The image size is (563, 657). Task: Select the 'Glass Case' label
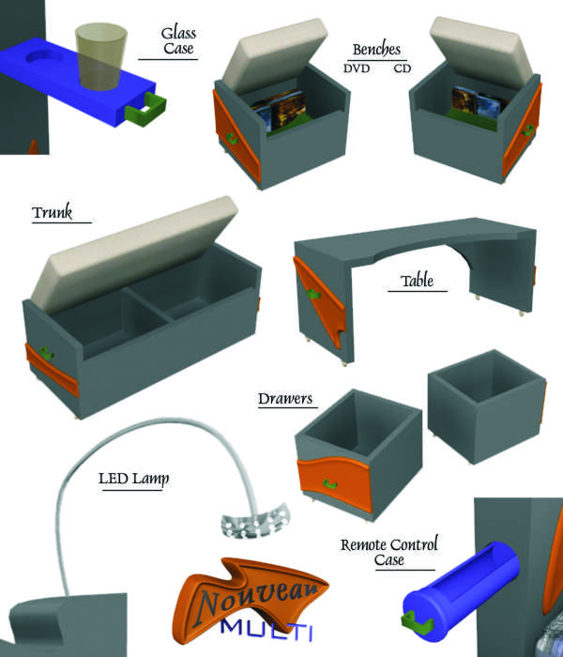point(178,40)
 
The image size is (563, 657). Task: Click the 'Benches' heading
point(376,50)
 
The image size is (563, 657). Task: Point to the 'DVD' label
point(357,69)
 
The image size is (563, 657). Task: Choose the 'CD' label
point(403,69)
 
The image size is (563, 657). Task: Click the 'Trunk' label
point(52,212)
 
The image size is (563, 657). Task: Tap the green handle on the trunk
point(46,353)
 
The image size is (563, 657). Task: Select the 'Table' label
point(417,281)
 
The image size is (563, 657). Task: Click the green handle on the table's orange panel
point(312,294)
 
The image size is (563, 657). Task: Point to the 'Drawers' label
point(285,399)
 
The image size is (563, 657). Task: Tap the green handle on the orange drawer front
point(330,484)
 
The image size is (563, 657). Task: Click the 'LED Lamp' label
point(133,479)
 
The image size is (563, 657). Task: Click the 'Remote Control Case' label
point(389,552)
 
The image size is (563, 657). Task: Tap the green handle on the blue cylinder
point(418,623)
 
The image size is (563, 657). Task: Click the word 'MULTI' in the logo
point(266,630)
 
